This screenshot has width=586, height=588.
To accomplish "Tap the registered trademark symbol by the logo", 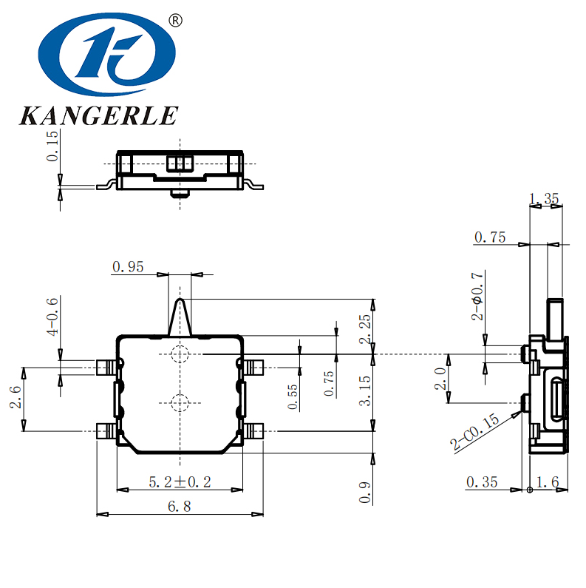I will click(x=175, y=20).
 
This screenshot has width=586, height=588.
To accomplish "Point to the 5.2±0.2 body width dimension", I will click(x=180, y=481).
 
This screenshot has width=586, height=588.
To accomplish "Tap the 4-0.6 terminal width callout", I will click(x=52, y=317).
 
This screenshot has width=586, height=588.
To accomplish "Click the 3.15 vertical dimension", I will click(x=364, y=391).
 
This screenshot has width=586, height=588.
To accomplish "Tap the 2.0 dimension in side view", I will click(x=440, y=379).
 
